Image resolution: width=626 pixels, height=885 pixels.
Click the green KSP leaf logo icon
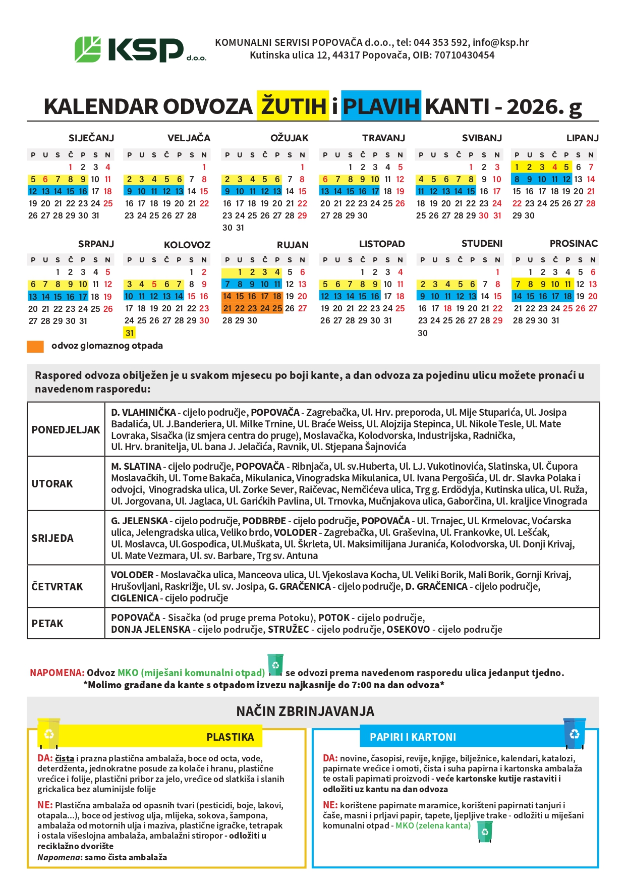tap(88, 49)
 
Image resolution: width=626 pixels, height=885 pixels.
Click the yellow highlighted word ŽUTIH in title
tap(293, 106)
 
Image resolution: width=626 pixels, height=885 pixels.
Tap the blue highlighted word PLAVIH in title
tap(381, 106)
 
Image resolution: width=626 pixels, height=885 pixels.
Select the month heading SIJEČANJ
tap(91, 138)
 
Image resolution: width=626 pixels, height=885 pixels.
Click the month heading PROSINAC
tap(574, 244)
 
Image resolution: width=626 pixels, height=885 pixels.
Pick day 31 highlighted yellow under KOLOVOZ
tap(130, 333)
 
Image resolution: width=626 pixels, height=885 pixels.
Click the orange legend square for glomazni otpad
tap(35, 347)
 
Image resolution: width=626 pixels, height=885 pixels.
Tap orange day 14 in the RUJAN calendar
tap(227, 297)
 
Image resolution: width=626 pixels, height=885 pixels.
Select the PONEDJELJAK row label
tap(66, 430)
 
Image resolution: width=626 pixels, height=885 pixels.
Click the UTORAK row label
tap(52, 484)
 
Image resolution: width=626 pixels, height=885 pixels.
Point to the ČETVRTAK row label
tap(57, 587)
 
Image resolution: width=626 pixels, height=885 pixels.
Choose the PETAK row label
tap(47, 624)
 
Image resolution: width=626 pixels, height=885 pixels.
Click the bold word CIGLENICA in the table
tap(135, 598)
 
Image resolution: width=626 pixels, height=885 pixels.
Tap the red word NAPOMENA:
tap(57, 673)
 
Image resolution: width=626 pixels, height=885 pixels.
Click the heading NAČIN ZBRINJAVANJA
tap(305, 711)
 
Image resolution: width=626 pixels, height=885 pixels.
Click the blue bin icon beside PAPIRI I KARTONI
tap(574, 733)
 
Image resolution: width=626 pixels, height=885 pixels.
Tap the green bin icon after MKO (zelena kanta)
tap(484, 832)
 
